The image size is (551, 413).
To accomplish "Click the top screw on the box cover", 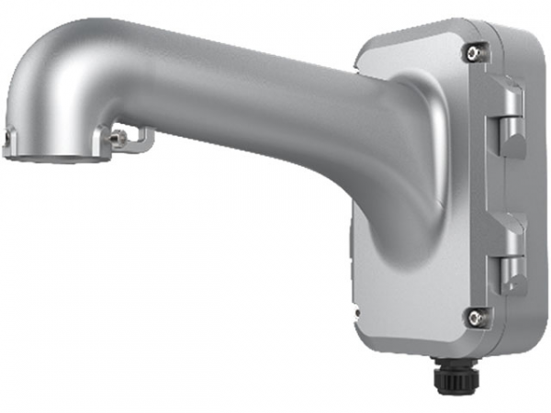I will click(472, 51).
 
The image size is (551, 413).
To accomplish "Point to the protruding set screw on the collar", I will click(116, 139).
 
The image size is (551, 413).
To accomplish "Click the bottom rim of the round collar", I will click(55, 158).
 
